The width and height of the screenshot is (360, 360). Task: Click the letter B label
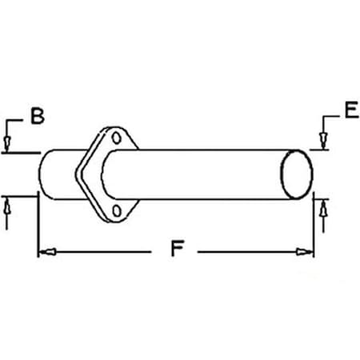click(37, 117)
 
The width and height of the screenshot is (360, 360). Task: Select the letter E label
click(351, 111)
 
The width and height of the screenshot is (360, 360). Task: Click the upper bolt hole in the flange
click(119, 140)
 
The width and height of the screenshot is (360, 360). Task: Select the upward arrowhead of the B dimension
click(7, 206)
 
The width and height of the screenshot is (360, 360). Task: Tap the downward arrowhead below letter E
click(323, 142)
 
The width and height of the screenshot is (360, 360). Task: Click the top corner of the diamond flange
click(106, 128)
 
